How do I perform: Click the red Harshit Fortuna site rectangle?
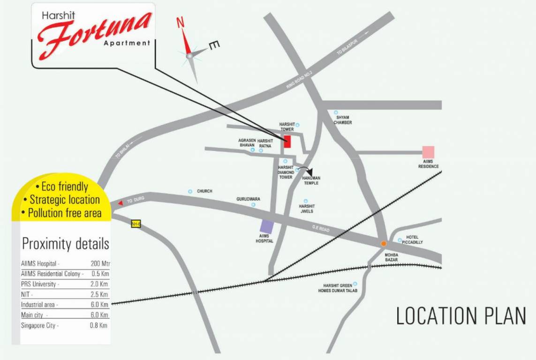click(287, 141)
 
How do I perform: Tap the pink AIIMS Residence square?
click(428, 152)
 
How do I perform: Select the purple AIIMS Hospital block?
click(266, 227)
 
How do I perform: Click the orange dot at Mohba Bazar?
click(383, 243)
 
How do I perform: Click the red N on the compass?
click(180, 23)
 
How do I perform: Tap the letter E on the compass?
click(213, 45)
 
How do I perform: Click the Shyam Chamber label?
click(343, 120)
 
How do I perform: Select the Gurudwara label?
click(248, 199)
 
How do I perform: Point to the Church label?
click(204, 191)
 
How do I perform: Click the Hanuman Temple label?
click(310, 180)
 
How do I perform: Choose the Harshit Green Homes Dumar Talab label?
click(340, 288)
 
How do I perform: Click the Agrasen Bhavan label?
click(247, 142)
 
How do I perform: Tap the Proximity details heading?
click(66, 244)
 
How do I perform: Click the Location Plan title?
click(461, 315)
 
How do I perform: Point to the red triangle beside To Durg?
click(121, 203)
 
